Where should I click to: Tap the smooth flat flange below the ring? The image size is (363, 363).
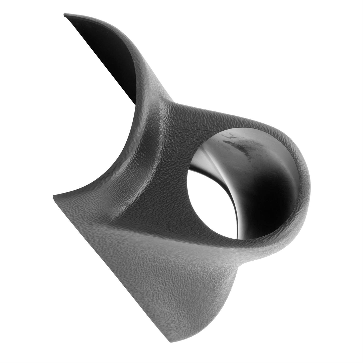pyautogui.click(x=160, y=275)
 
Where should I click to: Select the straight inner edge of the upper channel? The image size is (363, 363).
pyautogui.click(x=100, y=60)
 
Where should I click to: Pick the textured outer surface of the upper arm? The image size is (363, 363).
pyautogui.click(x=140, y=63)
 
